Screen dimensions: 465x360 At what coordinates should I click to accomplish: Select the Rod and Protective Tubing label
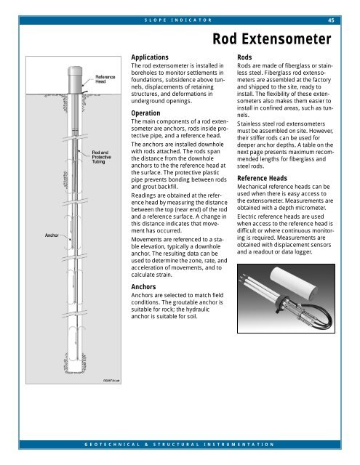pos(103,157)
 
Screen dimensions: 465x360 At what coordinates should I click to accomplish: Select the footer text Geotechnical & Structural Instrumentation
pos(179,442)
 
